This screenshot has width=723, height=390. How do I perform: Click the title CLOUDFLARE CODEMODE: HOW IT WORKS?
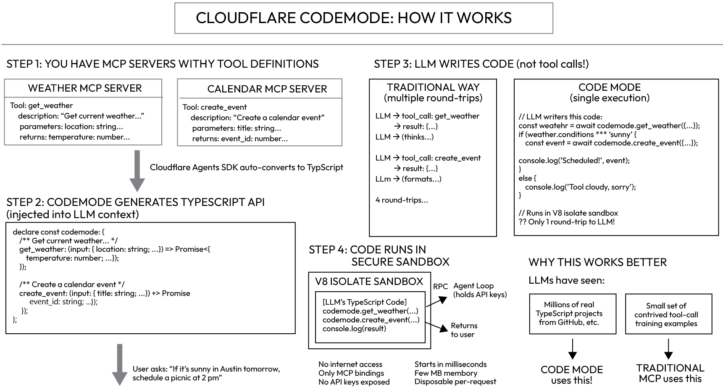[x=354, y=18]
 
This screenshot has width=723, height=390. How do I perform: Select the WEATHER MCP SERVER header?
[x=85, y=88]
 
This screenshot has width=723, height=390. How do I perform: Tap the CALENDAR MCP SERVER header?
[x=267, y=89]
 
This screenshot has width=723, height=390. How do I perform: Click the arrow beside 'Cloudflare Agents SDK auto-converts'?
[x=137, y=171]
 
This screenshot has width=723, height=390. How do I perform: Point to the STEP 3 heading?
[x=481, y=64]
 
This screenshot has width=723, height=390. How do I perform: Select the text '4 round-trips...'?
[x=402, y=200]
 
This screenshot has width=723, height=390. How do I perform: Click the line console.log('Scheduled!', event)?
[x=574, y=161]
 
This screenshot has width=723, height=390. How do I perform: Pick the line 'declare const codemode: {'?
[x=58, y=232]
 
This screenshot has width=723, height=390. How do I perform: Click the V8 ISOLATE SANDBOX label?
[x=369, y=282]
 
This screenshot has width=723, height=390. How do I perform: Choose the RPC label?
[x=440, y=287]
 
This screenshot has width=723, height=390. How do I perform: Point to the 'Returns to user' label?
[x=464, y=330]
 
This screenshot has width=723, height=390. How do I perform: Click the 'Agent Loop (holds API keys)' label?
[x=480, y=290]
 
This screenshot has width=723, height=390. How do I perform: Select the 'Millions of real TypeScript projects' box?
[x=573, y=314]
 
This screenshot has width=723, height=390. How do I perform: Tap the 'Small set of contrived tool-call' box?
[x=668, y=314]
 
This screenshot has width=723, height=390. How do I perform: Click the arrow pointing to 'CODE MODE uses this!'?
[x=572, y=349]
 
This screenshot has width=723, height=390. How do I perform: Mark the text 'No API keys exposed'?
[x=354, y=382]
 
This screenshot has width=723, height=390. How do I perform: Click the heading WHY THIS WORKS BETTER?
[x=597, y=262]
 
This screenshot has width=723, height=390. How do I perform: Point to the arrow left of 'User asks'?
[x=119, y=365]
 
